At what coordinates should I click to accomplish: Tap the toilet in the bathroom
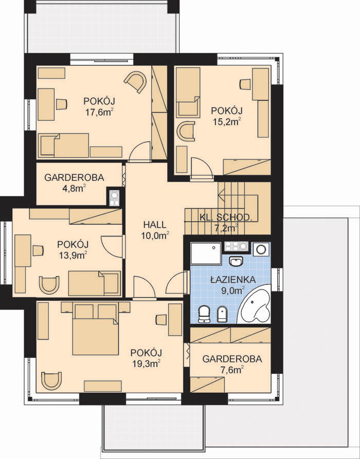204,314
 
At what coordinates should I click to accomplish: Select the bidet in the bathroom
222,314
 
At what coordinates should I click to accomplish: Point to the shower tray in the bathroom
205,253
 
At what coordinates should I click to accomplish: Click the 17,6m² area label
99,113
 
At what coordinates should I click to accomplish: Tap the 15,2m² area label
227,121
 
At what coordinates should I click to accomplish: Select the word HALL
155,225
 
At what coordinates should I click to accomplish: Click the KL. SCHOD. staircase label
226,217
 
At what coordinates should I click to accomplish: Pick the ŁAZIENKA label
233,280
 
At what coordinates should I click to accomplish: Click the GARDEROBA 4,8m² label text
74,178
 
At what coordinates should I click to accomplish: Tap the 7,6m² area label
232,370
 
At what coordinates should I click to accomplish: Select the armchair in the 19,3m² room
51,380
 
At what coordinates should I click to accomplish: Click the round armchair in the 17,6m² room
136,82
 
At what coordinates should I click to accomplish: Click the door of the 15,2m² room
201,168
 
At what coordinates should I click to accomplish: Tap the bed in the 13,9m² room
94,283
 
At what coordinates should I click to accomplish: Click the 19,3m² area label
146,364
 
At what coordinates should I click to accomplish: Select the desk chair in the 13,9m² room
38,251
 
